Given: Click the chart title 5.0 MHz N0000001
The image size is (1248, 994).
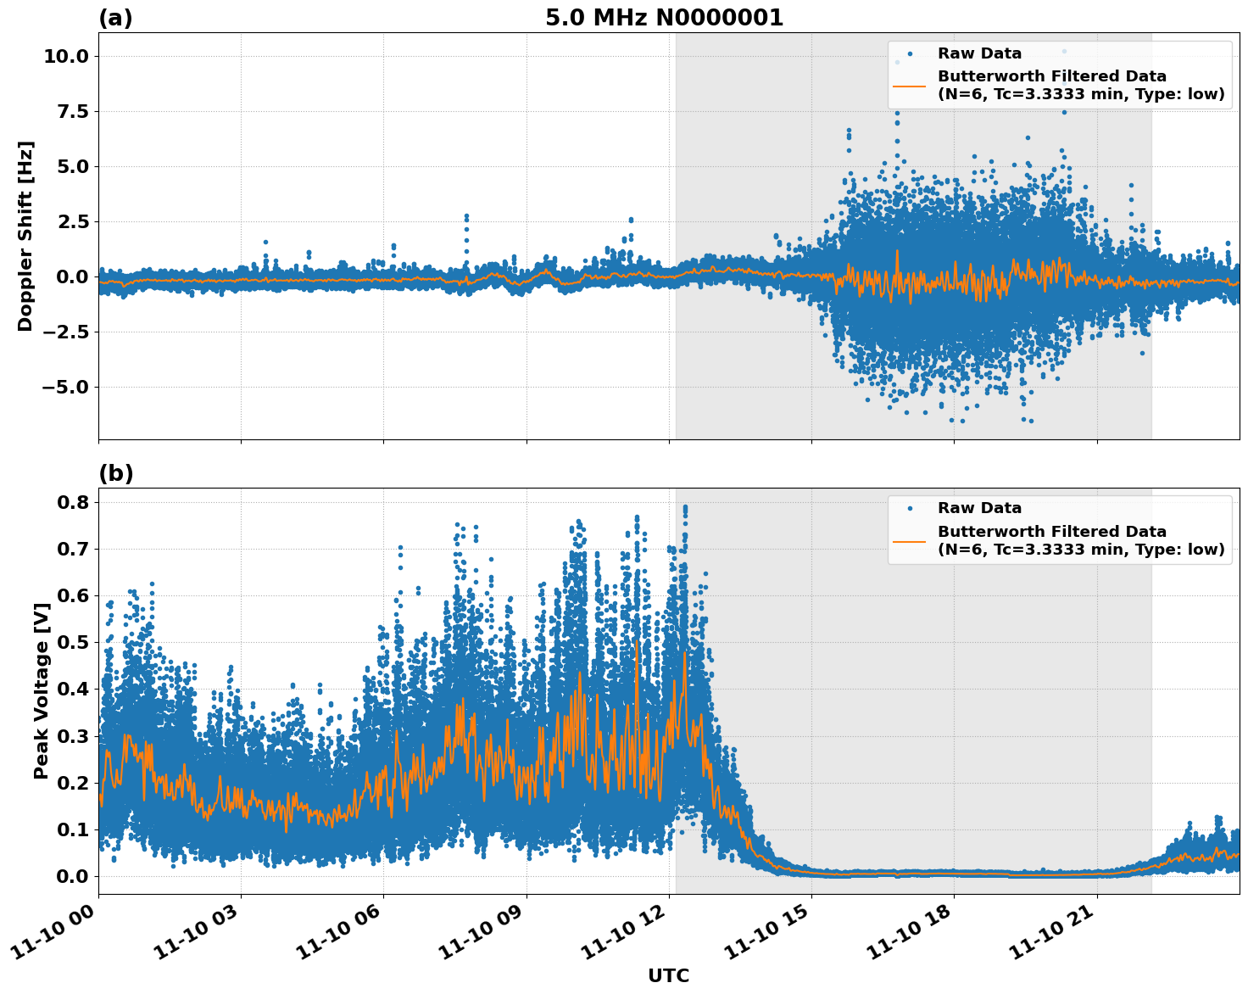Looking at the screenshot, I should pos(664,18).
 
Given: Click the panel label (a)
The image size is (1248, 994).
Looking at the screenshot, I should pos(115,18).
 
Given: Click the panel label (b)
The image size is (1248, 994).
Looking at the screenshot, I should pos(115,473).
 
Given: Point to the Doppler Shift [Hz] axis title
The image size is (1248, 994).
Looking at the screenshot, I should pos(25,236).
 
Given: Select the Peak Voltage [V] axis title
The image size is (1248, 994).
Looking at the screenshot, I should pos(41,690).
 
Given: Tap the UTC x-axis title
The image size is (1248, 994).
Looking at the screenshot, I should pos(668,976).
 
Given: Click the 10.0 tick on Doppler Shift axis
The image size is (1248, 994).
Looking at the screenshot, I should pos(65,56).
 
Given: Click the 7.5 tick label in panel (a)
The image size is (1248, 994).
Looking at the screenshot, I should pos(71,111).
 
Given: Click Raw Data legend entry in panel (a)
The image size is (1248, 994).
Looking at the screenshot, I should pos(979,53).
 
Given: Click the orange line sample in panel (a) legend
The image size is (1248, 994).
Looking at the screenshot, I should pos(909,85).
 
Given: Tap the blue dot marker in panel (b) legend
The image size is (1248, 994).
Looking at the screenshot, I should pos(909,508).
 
